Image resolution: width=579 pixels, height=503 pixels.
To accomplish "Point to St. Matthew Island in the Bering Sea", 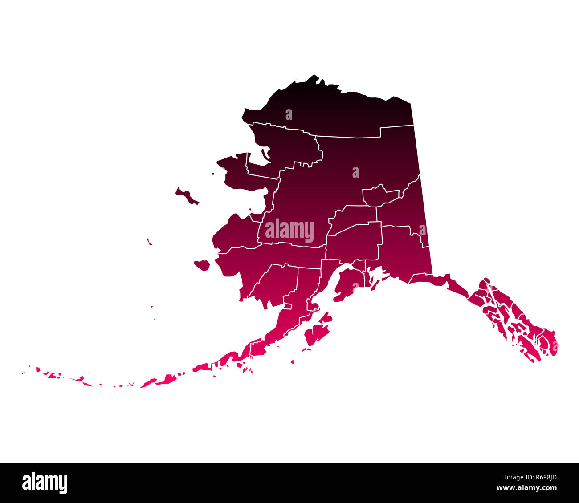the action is pos(150,242).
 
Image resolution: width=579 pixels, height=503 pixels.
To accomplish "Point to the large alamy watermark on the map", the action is pos(289,231).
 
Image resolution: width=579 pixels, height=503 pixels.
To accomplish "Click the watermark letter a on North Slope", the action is pos(289,115).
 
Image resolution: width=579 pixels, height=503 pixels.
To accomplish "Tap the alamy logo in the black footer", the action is pos(45,483).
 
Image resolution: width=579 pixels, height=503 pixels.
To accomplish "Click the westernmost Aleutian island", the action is pos(38,369).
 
